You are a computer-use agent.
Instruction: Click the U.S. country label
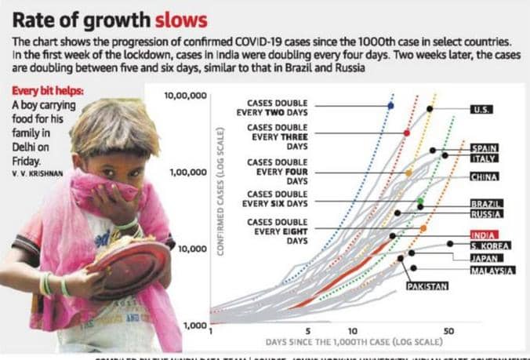point(481,109)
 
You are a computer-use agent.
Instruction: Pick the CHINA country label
point(485,176)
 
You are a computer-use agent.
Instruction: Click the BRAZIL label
point(486,203)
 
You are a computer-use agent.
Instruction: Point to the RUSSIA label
point(486,213)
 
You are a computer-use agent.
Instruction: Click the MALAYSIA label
point(492,270)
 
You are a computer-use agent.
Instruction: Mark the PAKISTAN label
point(427,286)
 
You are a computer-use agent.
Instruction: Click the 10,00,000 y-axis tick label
point(185,95)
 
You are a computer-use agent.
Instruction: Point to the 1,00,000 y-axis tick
point(187,171)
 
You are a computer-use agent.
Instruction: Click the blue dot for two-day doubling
point(391,104)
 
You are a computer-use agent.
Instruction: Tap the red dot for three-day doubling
point(406,133)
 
